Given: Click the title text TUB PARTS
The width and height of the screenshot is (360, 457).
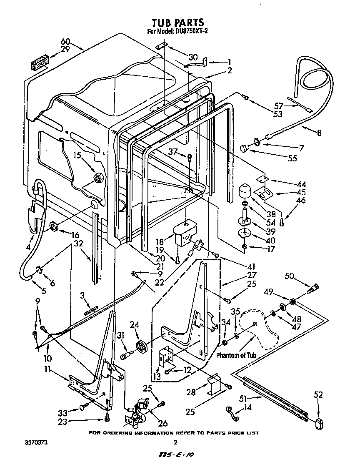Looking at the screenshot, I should (x=177, y=22).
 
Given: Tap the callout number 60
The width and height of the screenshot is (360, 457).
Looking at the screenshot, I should (x=65, y=42).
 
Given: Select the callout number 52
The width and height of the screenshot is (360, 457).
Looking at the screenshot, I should (x=318, y=395).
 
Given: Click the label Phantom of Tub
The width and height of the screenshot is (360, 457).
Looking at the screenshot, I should (x=236, y=355).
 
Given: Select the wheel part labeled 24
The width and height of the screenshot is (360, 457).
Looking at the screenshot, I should (x=143, y=346).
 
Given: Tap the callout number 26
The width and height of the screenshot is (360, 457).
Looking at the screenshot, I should (x=162, y=423).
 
